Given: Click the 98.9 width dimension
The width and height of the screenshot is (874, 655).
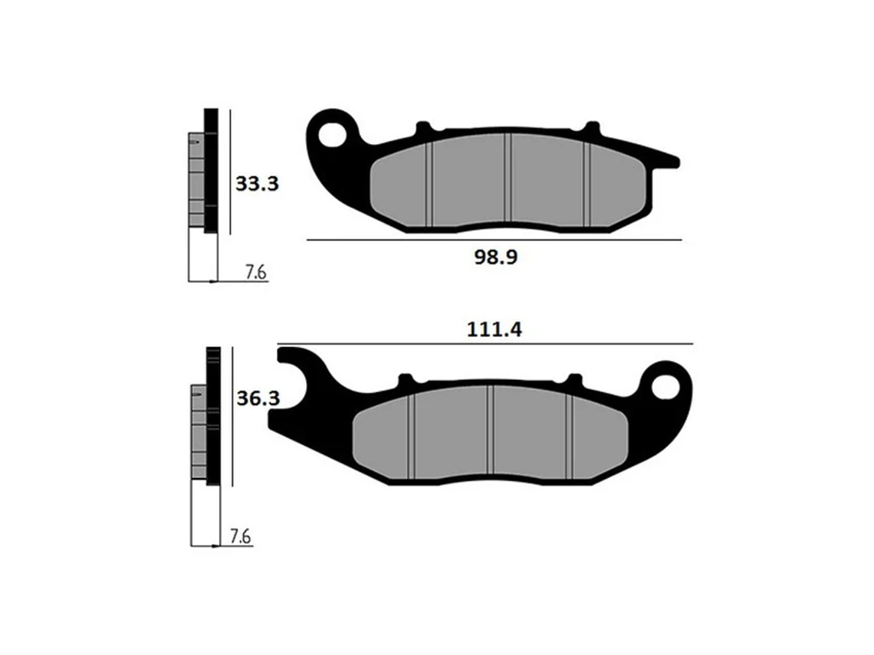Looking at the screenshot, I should pos(495,257).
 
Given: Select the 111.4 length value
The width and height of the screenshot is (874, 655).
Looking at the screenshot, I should pos(494,330).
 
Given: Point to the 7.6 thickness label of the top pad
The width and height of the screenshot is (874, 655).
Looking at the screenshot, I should pos(255,273).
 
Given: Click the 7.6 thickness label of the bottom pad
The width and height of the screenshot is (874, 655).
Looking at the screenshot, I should pos(241,537).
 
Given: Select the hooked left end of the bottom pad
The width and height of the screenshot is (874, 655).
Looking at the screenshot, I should pos(291,360).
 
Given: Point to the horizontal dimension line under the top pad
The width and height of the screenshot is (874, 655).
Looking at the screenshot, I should pos(494,240).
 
